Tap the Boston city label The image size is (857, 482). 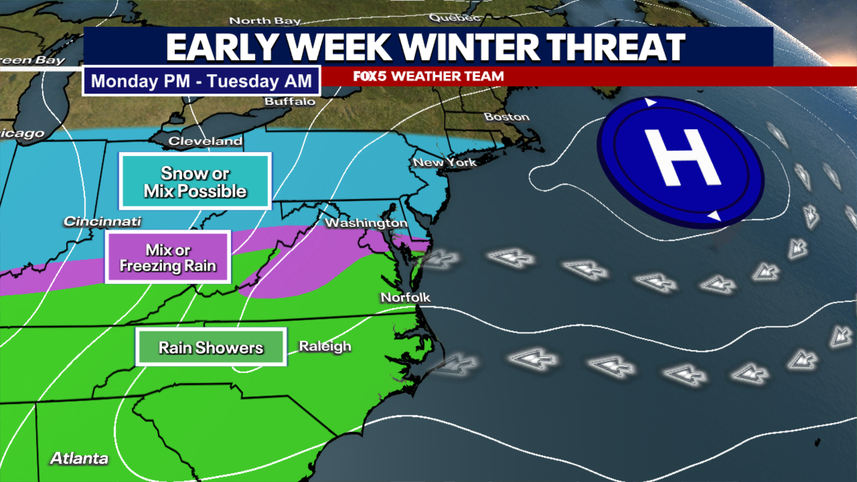(507, 117)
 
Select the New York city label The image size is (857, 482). (445, 162)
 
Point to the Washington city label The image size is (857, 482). (366, 223)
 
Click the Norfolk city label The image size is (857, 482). (405, 297)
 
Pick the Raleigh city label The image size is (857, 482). (325, 346)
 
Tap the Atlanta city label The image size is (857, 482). (79, 458)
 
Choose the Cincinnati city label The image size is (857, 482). (102, 221)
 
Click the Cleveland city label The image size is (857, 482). (205, 141)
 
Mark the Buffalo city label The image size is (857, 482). (290, 102)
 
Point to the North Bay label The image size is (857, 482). (265, 21)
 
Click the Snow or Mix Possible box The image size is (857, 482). (195, 182)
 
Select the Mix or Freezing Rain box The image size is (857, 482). (168, 258)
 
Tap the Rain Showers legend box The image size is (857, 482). (211, 348)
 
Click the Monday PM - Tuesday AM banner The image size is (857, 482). (201, 81)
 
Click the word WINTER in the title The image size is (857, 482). (469, 47)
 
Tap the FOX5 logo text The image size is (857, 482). (370, 76)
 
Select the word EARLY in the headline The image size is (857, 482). (222, 47)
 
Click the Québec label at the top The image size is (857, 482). (454, 18)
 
